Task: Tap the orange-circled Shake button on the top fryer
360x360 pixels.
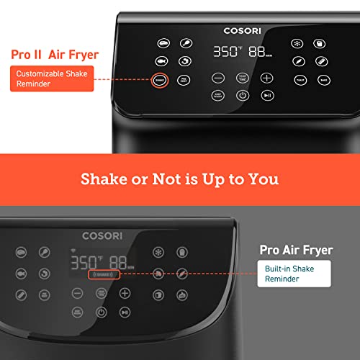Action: (160, 81)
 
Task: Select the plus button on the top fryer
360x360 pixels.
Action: (267, 77)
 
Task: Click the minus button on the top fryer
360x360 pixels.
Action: (217, 77)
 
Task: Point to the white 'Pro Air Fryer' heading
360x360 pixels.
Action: (295, 251)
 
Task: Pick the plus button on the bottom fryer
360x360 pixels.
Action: (125, 293)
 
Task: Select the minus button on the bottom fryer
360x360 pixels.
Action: (77, 293)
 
